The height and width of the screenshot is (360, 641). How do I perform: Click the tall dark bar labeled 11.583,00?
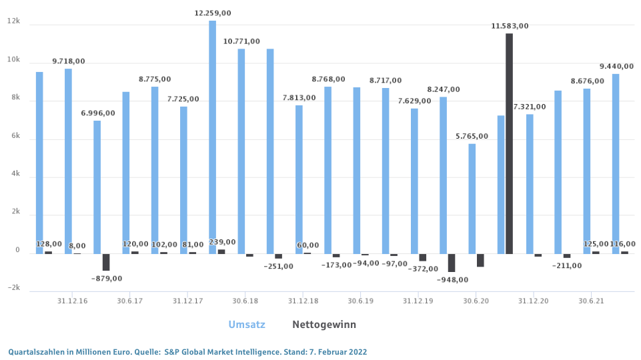pos(509,143)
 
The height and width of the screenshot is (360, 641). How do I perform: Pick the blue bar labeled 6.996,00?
pos(97,187)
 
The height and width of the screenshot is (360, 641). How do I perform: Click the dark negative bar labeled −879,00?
pos(106,262)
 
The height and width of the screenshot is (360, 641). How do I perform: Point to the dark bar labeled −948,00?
pos(452,263)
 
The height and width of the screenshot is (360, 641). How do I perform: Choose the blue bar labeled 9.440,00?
pos(616,163)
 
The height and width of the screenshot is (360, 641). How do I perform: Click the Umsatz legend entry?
pos(247,325)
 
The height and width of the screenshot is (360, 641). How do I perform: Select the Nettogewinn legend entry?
pos(324,325)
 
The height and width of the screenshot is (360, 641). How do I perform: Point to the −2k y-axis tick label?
pos(12,289)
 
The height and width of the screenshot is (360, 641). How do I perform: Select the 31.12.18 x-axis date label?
pos(303,301)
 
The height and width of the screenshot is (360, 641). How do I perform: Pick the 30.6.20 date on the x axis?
pos(476,301)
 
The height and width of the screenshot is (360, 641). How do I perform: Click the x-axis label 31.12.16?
pos(73,301)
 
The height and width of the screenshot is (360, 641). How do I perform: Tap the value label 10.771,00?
pos(241,41)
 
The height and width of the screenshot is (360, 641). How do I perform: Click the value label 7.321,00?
pos(530,107)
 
